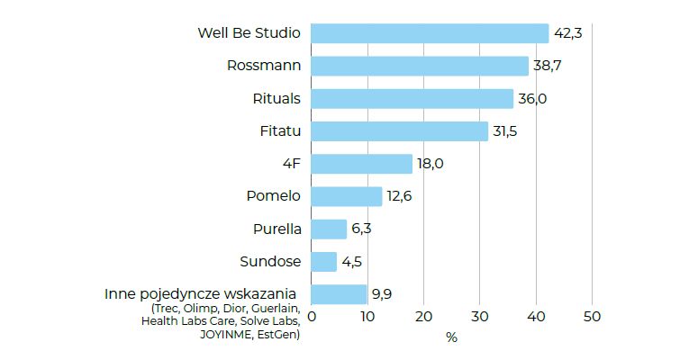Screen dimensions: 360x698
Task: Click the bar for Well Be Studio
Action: coord(430,33)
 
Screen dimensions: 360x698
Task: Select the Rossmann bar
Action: coord(420,66)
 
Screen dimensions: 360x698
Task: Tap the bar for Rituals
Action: coord(412,98)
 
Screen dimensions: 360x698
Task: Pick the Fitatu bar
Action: coord(399,131)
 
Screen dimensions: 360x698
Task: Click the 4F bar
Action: coord(361,164)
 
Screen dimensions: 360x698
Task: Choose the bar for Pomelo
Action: coord(346,196)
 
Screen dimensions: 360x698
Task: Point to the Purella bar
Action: coord(329,229)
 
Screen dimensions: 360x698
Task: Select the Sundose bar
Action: coord(323,262)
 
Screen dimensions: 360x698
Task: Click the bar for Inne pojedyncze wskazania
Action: coord(339,294)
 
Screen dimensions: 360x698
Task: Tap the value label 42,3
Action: coord(568,33)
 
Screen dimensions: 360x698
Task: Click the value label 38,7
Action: coord(548,66)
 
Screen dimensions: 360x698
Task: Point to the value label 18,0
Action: coord(431,164)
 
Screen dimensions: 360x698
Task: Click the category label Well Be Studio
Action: coord(249,33)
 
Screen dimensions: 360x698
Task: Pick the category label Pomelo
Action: coord(273,196)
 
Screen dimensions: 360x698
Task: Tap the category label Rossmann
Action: coord(264,66)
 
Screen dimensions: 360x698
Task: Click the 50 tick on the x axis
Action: coord(592,317)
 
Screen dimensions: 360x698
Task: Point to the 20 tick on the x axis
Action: coord(423,317)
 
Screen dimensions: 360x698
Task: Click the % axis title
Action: coord(451,337)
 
